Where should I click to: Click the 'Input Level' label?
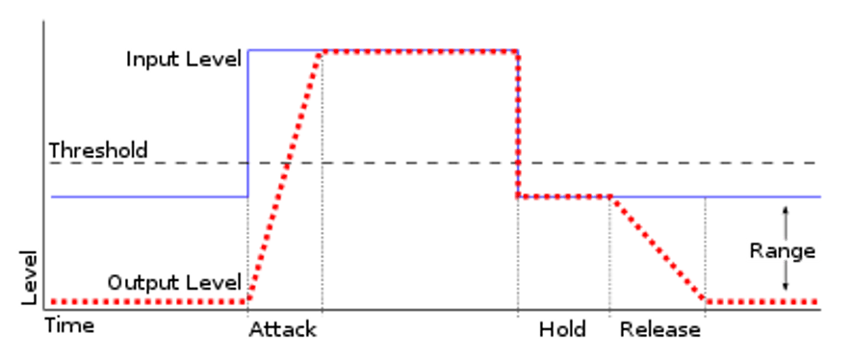coord(184,60)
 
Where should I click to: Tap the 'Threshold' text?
coord(98,151)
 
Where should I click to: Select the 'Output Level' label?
coord(174,283)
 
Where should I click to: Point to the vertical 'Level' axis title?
coord(30,278)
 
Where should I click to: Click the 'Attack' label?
coord(283,329)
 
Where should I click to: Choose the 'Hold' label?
coord(562,329)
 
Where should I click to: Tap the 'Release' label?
coord(659,329)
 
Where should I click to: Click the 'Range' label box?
coord(784,251)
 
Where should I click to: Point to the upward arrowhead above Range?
coord(786,209)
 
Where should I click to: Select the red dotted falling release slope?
coord(659,249)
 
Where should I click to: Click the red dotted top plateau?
coord(419,51)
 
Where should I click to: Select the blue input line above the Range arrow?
coord(786,196)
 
